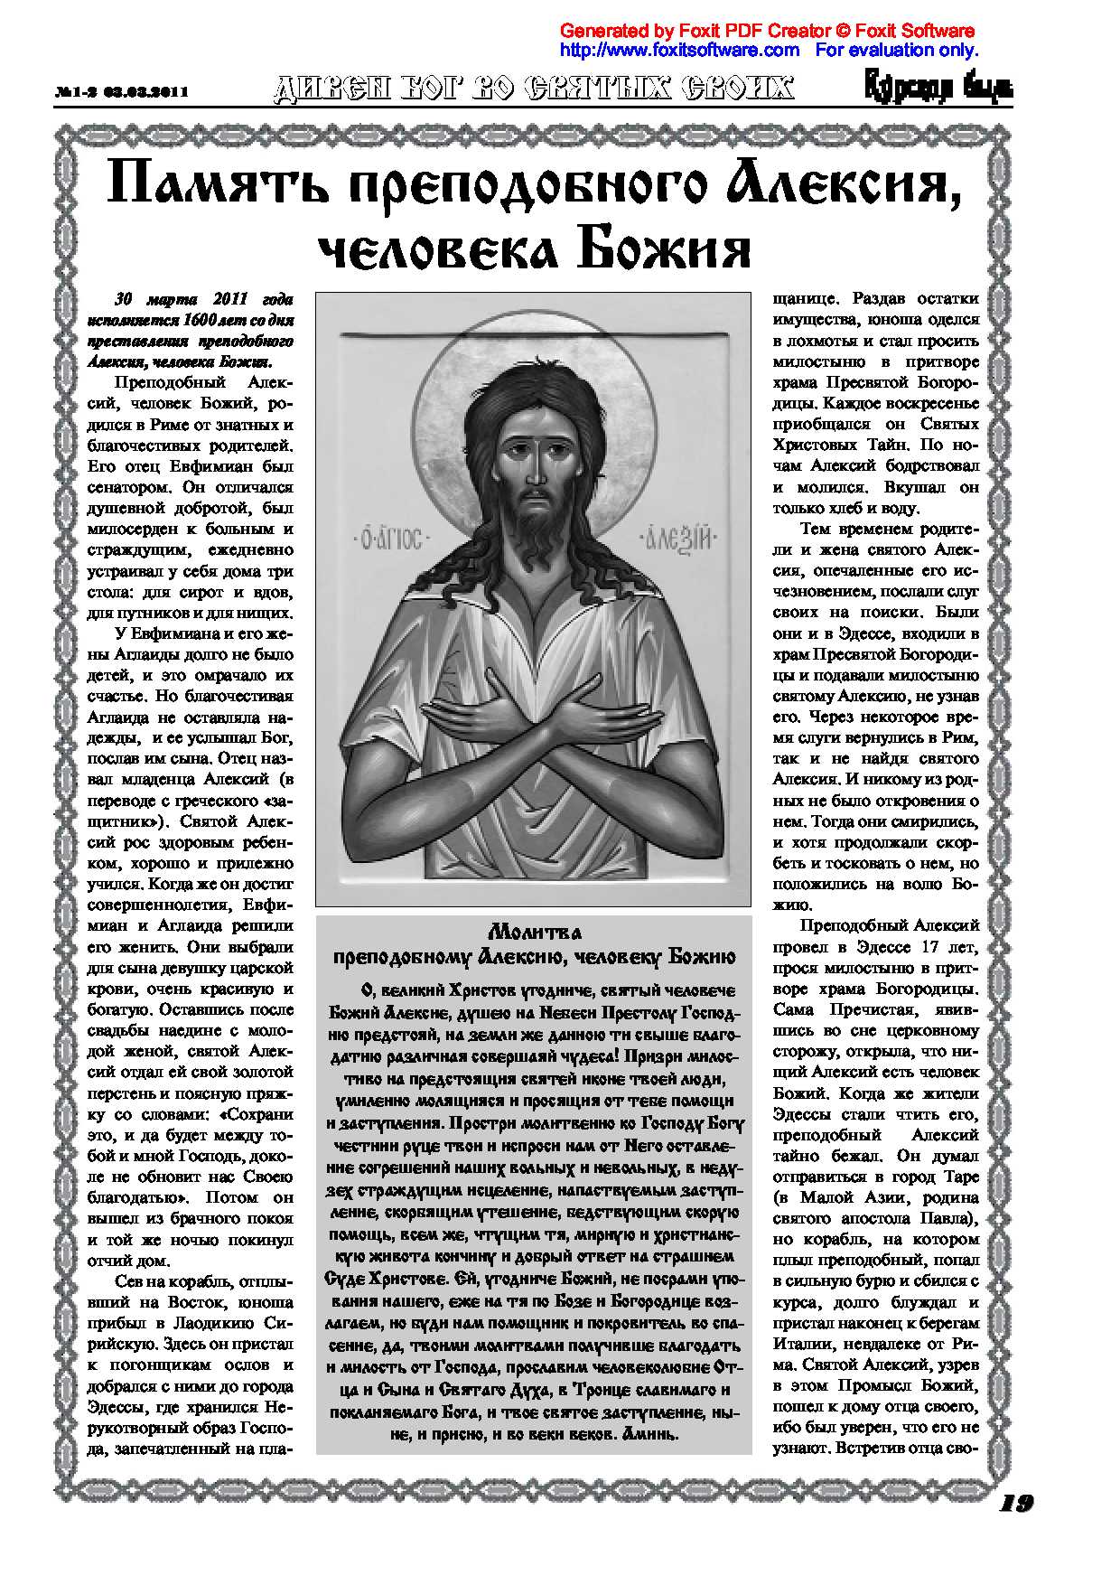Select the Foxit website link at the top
coord(679,50)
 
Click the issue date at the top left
coord(121,92)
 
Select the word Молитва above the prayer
coord(534,932)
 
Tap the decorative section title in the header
coord(534,88)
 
